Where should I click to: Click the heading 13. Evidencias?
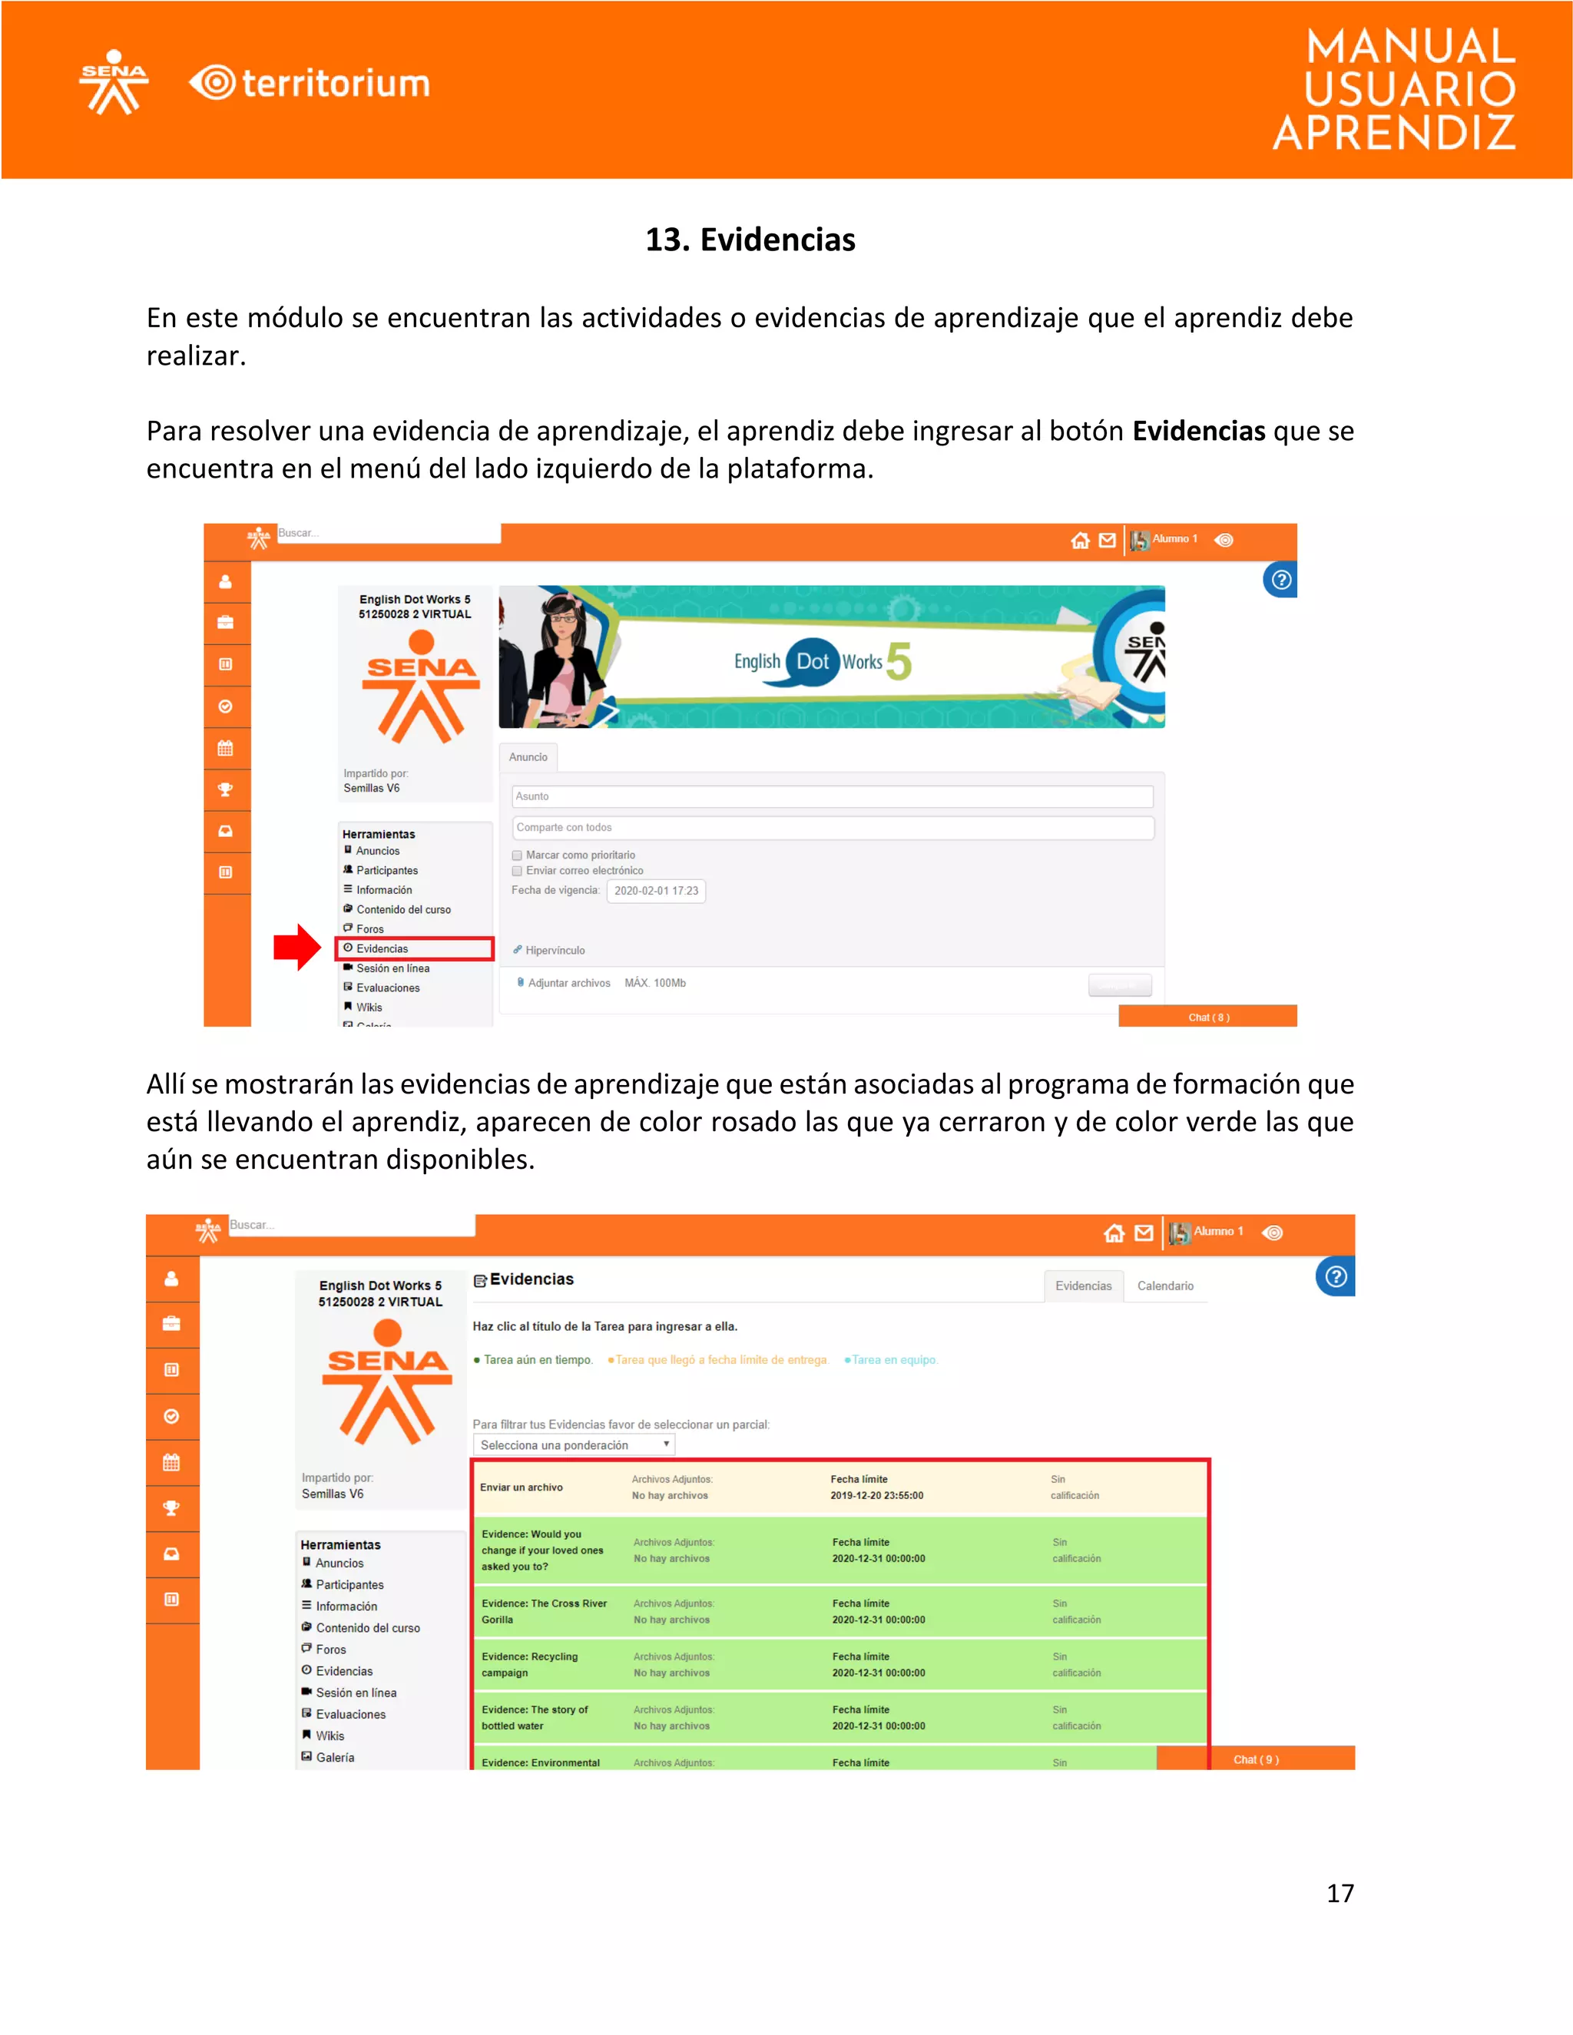(750, 240)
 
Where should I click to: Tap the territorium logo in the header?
(310, 83)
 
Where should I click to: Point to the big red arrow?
(296, 947)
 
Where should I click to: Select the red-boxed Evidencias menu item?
(415, 948)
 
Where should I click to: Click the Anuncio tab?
(528, 756)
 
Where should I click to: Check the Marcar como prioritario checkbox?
(517, 855)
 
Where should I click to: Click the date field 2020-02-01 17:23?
(656, 891)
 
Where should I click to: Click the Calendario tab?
(1165, 1286)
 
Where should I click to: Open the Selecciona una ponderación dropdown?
(573, 1445)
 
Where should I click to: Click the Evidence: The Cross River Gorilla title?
(543, 1611)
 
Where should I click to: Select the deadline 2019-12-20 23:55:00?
(876, 1495)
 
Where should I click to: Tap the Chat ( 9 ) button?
(1255, 1759)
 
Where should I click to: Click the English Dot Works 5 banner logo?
(820, 660)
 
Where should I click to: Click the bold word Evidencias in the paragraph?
(1198, 431)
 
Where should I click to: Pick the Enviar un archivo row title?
(521, 1487)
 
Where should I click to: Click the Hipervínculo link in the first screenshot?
(555, 951)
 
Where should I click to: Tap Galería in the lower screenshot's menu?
(335, 1757)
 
